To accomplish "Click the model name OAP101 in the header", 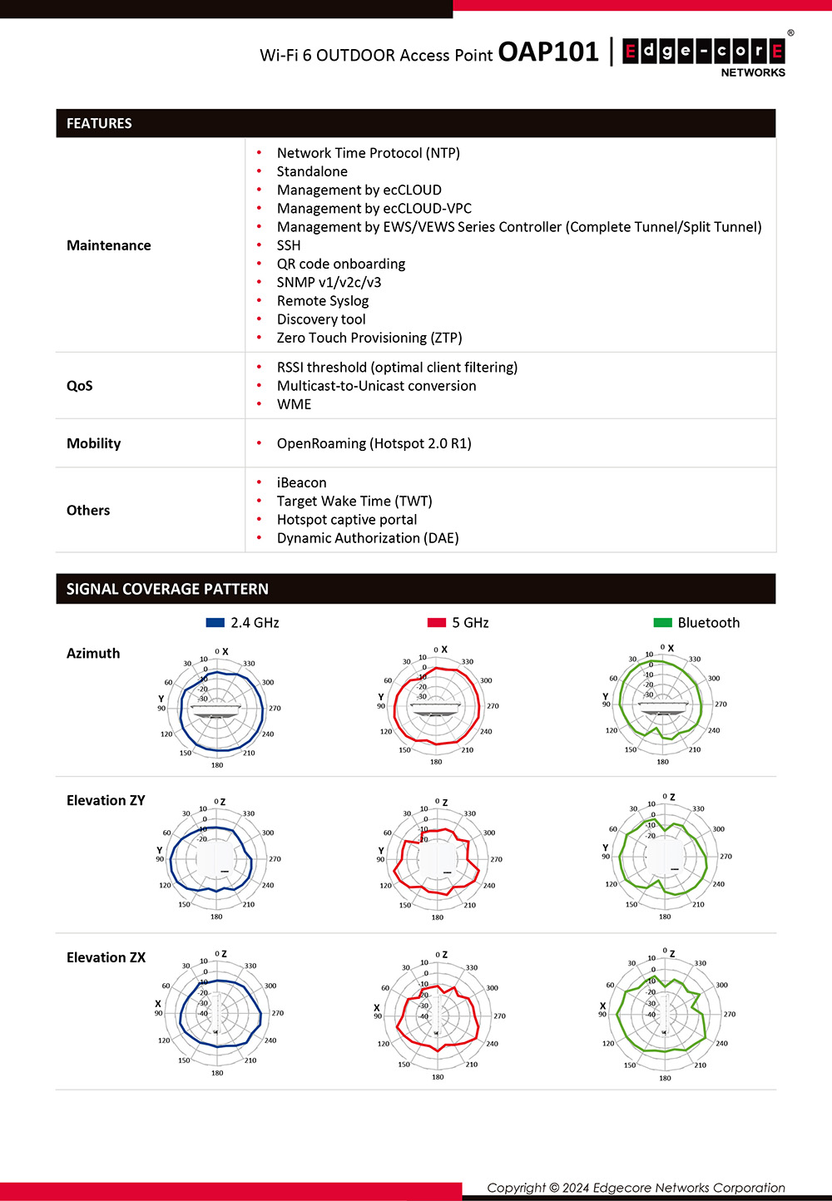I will point(548,52).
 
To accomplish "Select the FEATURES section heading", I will point(99,123).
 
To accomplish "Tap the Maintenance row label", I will point(109,245).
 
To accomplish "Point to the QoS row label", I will point(80,386).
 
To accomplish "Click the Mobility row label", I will point(94,443).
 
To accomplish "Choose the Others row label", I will point(88,511).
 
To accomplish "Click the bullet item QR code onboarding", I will point(341,264).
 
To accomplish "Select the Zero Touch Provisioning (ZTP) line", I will point(369,338).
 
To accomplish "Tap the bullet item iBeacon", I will point(301,482).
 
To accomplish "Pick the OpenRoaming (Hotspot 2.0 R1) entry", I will point(374,443).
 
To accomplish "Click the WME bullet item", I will point(294,404).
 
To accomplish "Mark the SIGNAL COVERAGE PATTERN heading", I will point(167,589).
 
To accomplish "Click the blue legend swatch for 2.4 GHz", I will point(215,622).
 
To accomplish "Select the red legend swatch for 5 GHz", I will point(437,622).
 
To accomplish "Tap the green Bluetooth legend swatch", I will point(662,622).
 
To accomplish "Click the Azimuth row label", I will point(93,654).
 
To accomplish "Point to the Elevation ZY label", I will point(106,801).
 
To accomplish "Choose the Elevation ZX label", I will point(106,958).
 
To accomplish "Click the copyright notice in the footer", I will point(636,1188).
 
